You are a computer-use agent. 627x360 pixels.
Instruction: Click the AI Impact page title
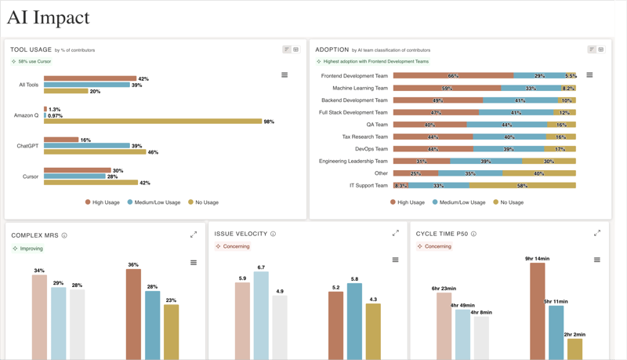[48, 17]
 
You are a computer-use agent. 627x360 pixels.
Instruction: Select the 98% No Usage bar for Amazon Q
[153, 122]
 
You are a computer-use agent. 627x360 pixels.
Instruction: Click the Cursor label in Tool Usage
[31, 176]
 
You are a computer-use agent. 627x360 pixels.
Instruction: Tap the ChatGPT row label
[28, 146]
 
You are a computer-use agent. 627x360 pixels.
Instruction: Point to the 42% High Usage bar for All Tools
[90, 78]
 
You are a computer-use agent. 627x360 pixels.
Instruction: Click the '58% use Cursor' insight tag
[31, 61]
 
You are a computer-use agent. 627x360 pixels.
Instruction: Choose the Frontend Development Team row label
[354, 76]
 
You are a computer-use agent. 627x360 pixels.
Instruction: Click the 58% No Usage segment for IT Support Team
[522, 186]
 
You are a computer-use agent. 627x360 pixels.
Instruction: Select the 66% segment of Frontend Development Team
[453, 76]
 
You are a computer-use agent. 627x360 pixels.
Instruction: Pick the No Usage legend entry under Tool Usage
[203, 202]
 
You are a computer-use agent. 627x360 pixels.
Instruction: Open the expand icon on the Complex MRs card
[194, 235]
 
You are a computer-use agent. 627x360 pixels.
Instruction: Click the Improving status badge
[28, 249]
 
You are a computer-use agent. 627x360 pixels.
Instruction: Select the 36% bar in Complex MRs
[133, 314]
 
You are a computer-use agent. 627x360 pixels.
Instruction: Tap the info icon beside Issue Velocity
[273, 235]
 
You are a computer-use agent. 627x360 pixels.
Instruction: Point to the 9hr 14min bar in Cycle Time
[537, 311]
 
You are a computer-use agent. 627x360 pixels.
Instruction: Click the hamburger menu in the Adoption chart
[589, 75]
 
